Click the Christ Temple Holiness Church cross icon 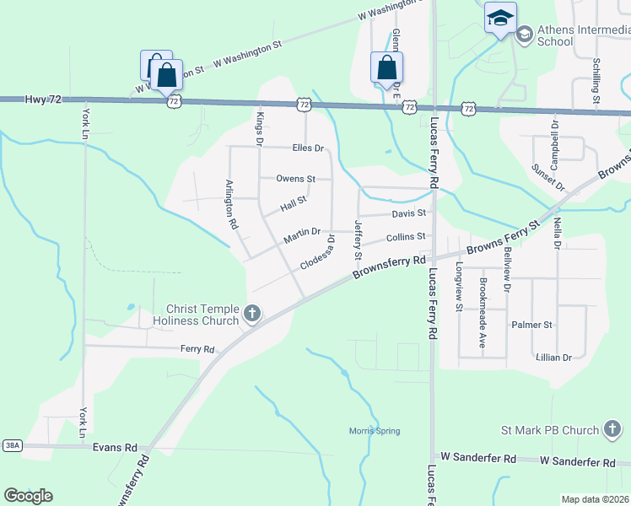tap(251, 315)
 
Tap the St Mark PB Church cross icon tap(612, 430)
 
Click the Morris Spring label tap(375, 431)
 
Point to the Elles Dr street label tap(308, 148)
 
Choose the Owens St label tap(295, 179)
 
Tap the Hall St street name tap(293, 202)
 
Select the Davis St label tap(409, 214)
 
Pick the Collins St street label tap(405, 238)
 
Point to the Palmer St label tap(531, 324)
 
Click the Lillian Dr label tap(553, 358)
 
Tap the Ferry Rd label tap(197, 348)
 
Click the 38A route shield tap(12, 444)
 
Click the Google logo tap(29, 495)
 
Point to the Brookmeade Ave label tap(483, 302)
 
